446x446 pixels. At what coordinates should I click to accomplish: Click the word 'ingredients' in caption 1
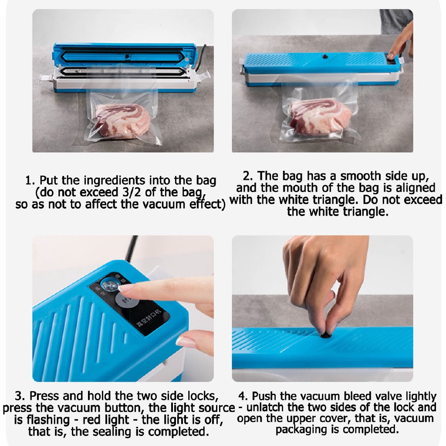tap(115, 180)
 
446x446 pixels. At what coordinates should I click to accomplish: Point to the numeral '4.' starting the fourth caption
tap(243, 396)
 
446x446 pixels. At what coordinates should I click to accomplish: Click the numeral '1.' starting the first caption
tap(30, 181)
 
